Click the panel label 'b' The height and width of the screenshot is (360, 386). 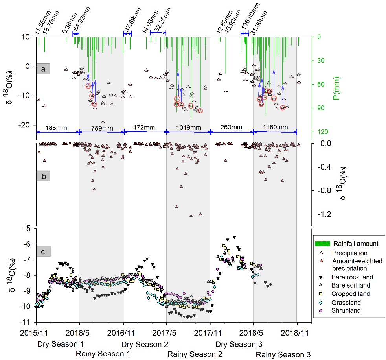(x=43, y=177)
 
